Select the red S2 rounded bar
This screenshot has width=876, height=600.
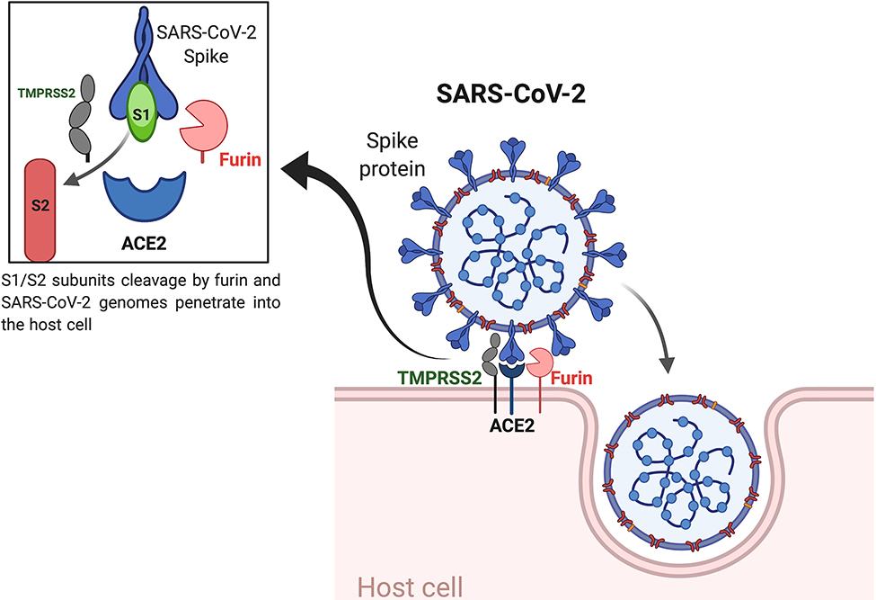coord(40,209)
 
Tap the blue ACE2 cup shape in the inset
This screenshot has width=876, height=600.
coord(144,193)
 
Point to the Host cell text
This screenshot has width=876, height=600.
coord(411,587)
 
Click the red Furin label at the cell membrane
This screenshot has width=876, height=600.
coord(571,378)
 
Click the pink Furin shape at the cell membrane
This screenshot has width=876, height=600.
coord(541,362)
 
